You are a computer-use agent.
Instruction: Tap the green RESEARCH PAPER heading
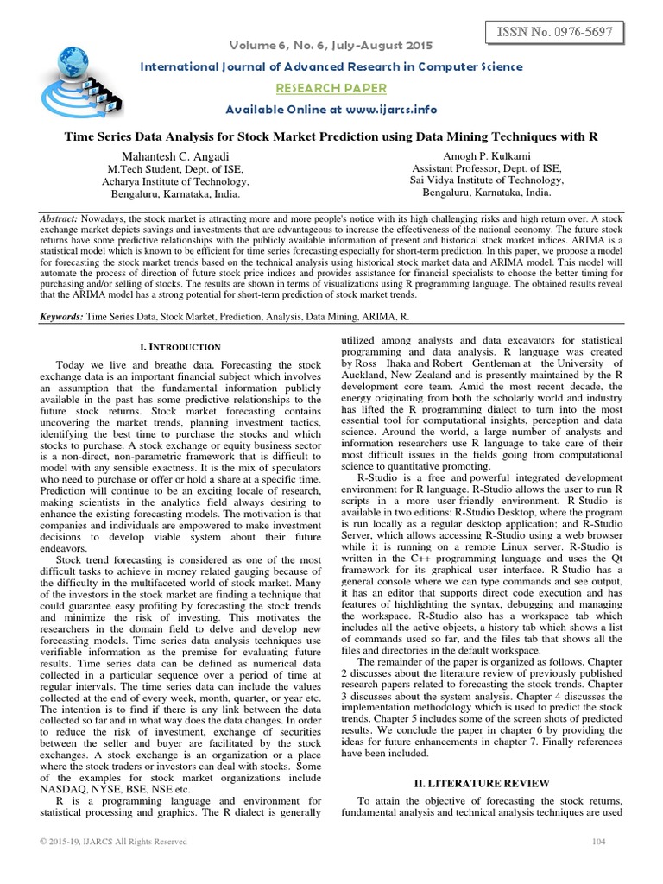click(331, 88)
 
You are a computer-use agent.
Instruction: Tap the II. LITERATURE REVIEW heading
click(477, 783)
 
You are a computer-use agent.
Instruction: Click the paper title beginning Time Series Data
click(331, 136)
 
